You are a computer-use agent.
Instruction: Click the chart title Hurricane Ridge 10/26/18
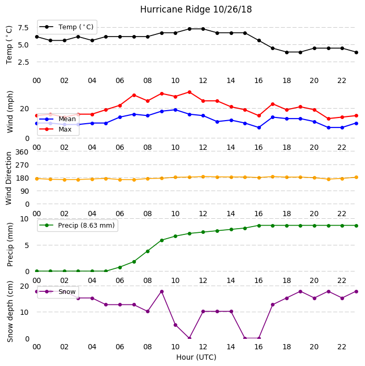pos(196,9)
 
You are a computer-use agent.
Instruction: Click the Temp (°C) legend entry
pos(66,27)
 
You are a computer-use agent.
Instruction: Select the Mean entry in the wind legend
pos(58,119)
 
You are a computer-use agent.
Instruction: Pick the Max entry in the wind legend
pos(55,129)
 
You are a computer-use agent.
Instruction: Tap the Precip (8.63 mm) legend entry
pos(77,225)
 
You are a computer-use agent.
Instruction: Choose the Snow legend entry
pos(58,291)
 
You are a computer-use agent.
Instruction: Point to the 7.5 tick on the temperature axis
pos(23,28)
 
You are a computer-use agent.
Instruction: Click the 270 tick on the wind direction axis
pos(22,165)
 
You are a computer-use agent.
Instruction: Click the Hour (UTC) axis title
pos(196,357)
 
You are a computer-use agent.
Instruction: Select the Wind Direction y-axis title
pos(9,179)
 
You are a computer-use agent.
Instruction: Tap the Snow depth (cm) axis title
pos(9,311)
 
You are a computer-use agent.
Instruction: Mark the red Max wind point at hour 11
pos(189,92)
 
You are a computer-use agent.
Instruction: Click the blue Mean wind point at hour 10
pos(175,110)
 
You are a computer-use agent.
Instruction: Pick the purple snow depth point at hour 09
pos(162,291)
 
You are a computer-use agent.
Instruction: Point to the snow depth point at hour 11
pos(189,338)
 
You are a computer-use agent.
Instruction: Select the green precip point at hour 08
pos(147,251)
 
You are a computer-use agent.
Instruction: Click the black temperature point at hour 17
pos(272,48)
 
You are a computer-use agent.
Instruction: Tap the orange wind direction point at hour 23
pos(356,177)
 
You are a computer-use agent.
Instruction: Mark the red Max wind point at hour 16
pos(259,115)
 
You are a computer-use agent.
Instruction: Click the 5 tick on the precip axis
pos(27,245)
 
